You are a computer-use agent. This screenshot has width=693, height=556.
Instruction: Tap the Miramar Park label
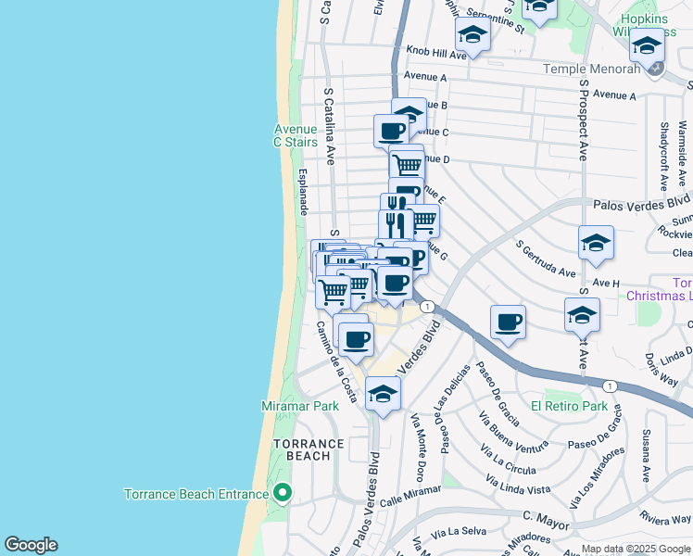pos(300,407)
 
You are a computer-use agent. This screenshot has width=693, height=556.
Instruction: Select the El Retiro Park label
pos(569,406)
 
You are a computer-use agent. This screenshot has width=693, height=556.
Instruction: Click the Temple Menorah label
pos(591,69)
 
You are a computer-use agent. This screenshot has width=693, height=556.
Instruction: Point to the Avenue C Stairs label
pos(296,135)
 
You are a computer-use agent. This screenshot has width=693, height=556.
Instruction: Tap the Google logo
pos(31,545)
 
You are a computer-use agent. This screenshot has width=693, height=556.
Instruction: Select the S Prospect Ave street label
pos(584,120)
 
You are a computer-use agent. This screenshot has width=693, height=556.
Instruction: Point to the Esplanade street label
pos(302,192)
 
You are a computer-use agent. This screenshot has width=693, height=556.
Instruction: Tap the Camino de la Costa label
pos(335,361)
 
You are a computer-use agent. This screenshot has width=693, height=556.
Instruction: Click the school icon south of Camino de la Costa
pos(383,393)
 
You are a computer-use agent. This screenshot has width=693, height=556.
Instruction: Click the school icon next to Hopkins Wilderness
pos(646,44)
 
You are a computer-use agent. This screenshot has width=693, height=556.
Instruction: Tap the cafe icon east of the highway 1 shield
pos(508,322)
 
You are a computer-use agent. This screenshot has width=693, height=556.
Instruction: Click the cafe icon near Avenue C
pos(391,131)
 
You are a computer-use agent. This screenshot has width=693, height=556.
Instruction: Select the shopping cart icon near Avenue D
pos(407,165)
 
